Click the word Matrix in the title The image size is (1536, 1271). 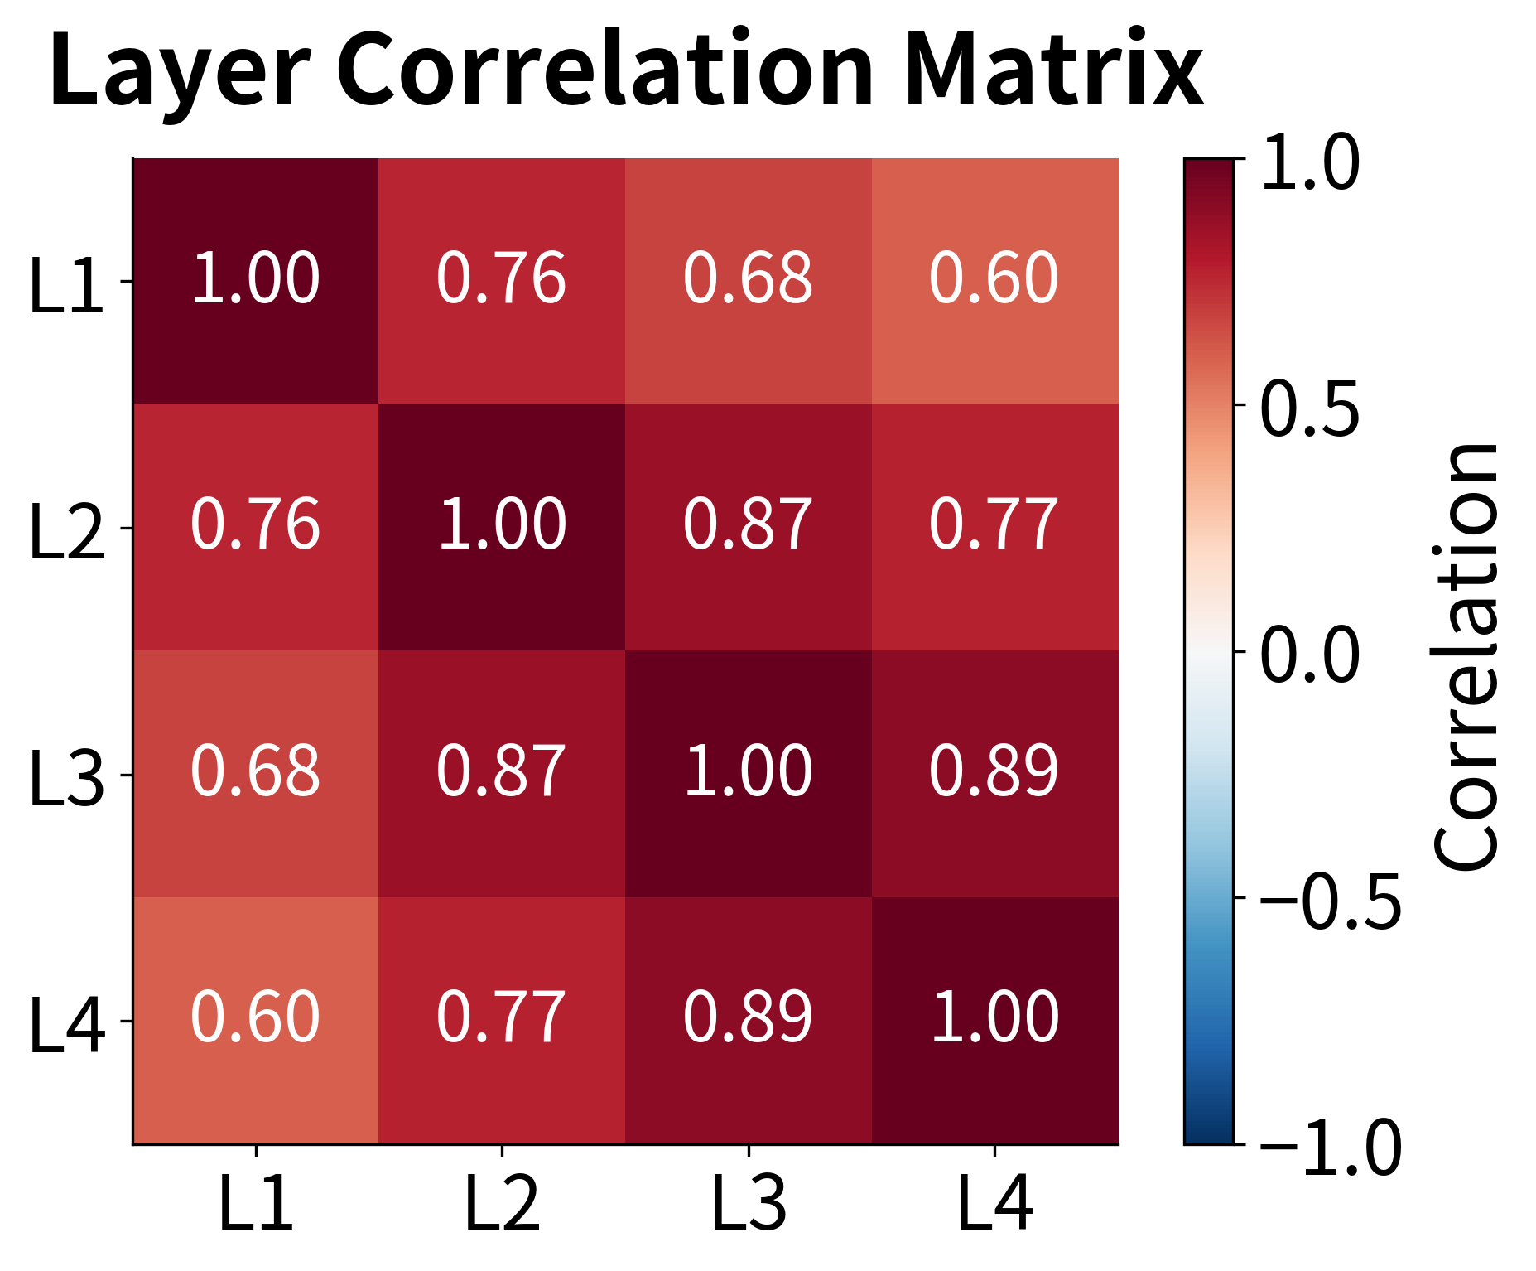tap(1053, 70)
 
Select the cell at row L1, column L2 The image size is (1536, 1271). tap(502, 280)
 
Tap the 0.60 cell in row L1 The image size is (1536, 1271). tap(994, 280)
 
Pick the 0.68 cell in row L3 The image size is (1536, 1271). tap(255, 773)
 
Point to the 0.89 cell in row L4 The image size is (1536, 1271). tap(748, 1019)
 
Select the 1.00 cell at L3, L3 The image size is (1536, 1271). tap(748, 773)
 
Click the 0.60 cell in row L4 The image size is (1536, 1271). tap(255, 1019)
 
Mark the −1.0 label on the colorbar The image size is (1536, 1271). tap(1329, 1148)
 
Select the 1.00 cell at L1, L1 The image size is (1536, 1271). tap(255, 280)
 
